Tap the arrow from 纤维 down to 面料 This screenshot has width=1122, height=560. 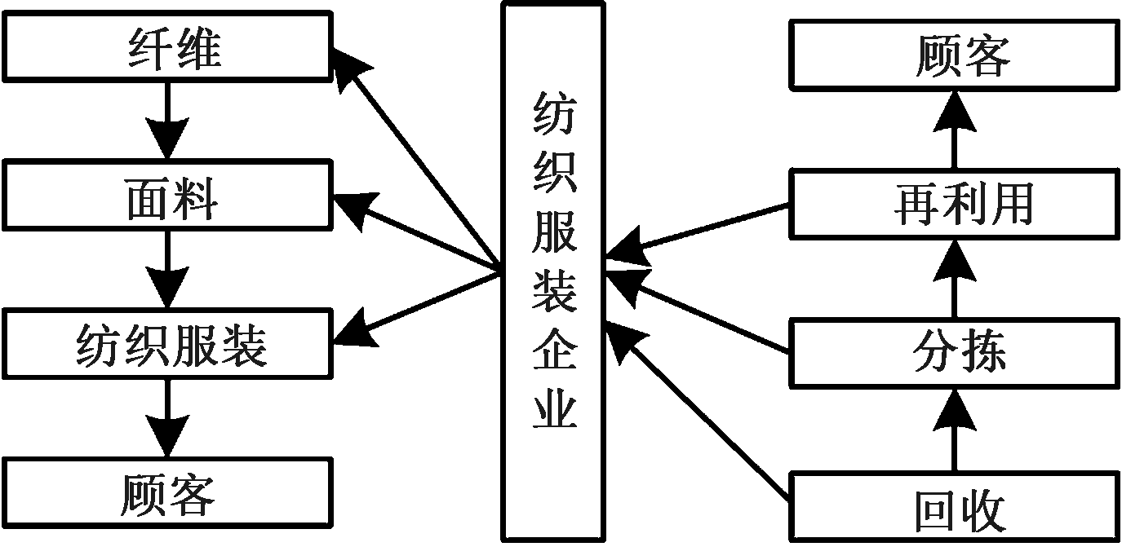167,122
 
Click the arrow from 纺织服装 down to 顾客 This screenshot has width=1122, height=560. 167,419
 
